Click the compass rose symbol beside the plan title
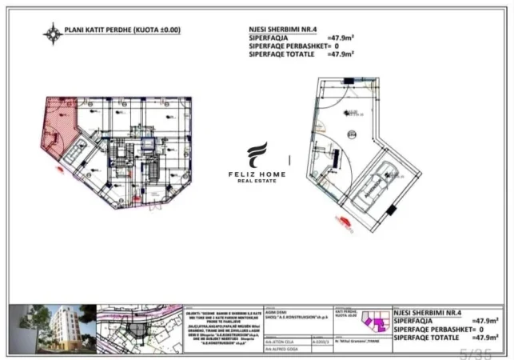54,34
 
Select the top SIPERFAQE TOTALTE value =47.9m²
341,54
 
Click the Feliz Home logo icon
257,155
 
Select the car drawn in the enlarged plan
375,184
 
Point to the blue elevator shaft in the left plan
146,144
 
